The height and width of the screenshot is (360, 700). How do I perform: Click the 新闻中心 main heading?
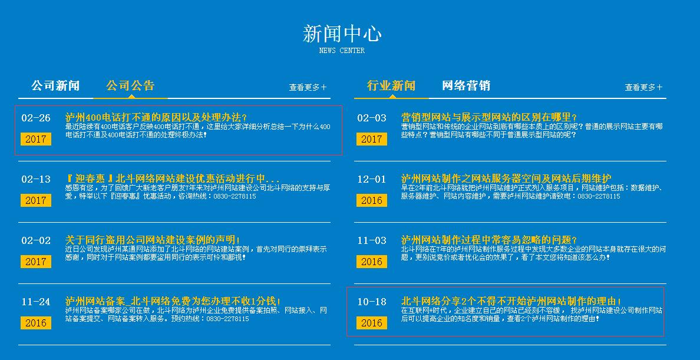coord(342,34)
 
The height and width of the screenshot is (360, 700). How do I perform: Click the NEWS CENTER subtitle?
coord(342,51)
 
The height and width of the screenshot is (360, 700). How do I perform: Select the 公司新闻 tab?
coord(55,85)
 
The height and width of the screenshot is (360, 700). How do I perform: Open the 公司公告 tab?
coord(130,85)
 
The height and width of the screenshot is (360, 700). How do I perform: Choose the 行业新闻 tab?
coord(391,85)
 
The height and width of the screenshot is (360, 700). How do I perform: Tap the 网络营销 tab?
coord(466,85)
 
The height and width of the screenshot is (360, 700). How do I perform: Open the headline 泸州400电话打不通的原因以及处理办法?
coord(156,117)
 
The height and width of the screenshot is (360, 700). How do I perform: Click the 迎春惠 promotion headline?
coord(172,179)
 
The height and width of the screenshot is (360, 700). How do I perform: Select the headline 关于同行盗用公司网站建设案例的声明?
coord(153,240)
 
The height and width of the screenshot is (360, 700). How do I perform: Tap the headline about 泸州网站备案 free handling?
coord(173,301)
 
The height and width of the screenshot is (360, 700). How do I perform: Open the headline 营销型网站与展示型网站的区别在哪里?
coord(489,117)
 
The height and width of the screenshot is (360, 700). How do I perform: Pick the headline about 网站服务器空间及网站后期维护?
coord(506,179)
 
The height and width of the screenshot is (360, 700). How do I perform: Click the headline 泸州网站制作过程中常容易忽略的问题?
coord(489,240)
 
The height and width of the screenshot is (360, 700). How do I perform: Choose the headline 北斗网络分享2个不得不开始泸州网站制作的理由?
coord(511,301)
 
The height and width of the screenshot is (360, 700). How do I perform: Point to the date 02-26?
coord(36,118)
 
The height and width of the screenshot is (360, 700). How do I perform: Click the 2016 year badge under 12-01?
coord(371,200)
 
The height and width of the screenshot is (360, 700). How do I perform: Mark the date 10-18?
coord(371,302)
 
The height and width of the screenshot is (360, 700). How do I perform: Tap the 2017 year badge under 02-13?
coord(36,200)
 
